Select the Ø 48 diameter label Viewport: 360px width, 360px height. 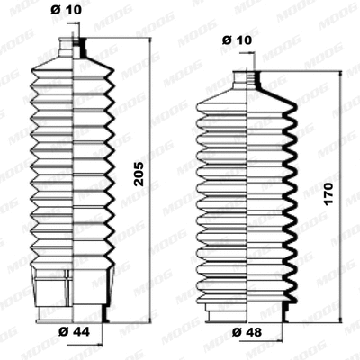tap(246, 332)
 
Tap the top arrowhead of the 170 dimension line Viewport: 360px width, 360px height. tap(340, 75)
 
